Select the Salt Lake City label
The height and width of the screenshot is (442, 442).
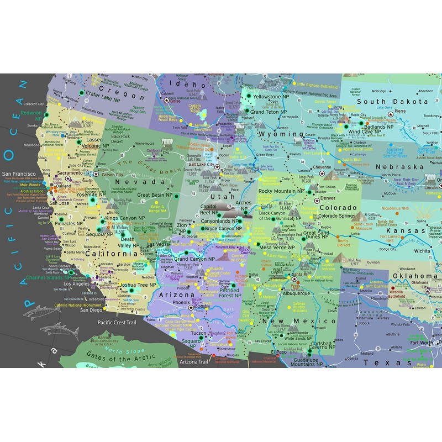click(x=202, y=165)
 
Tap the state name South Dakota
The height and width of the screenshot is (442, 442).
click(x=392, y=102)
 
